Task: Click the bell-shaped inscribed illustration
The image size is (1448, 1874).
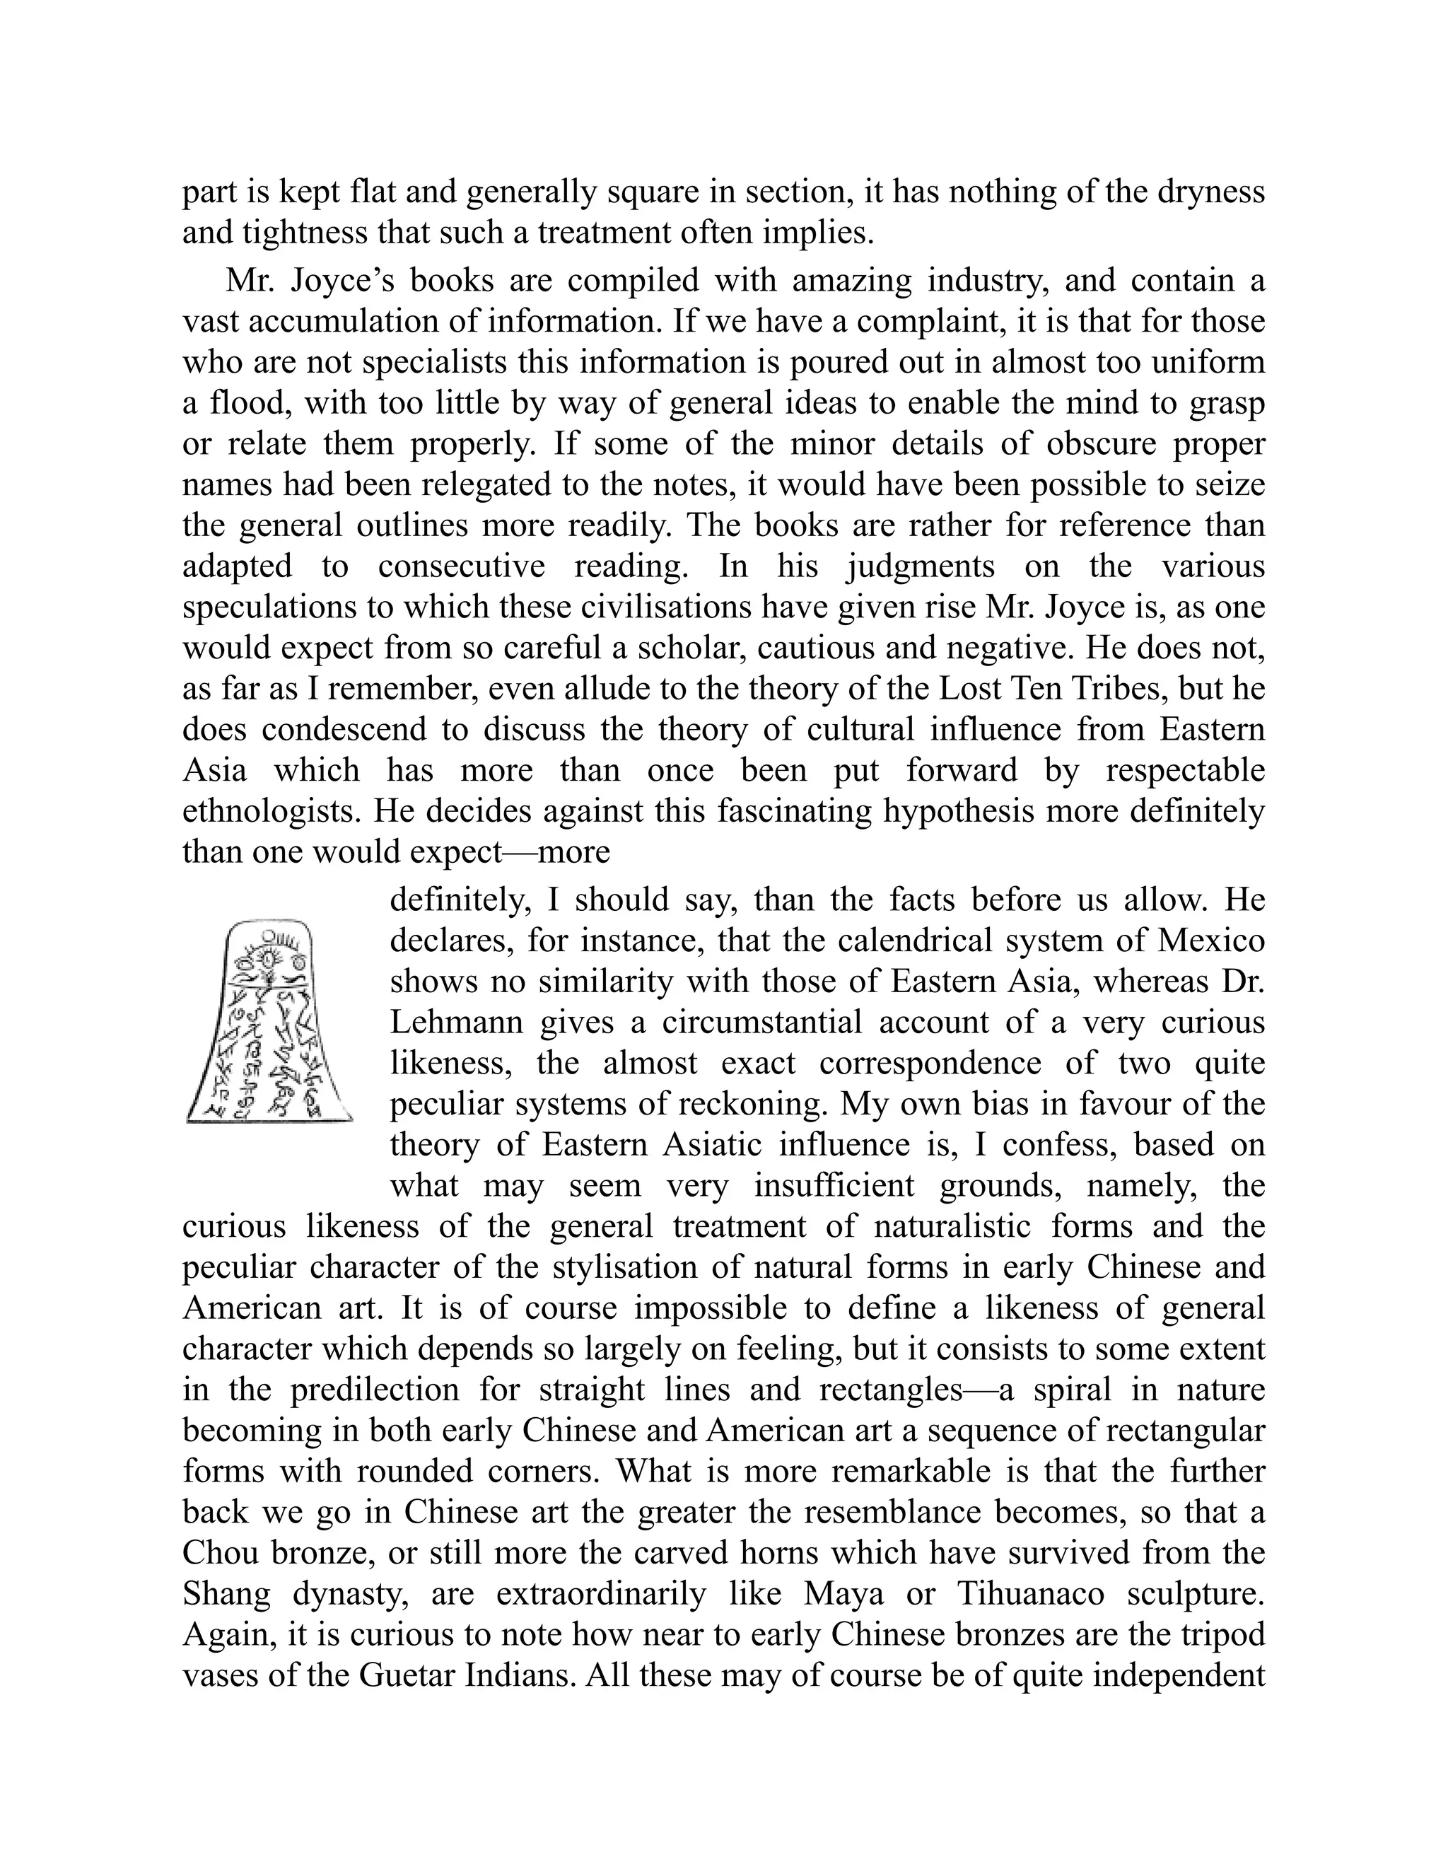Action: (269, 1021)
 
